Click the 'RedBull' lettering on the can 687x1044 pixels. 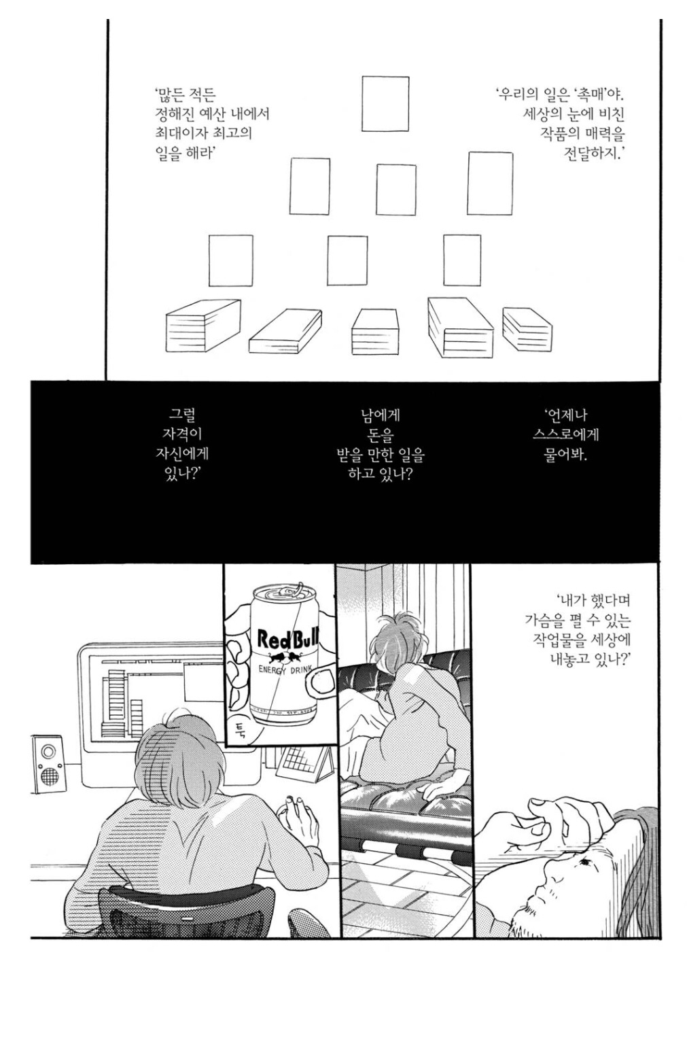tap(285, 639)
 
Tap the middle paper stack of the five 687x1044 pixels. tap(374, 331)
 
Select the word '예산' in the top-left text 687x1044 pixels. tap(219, 114)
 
